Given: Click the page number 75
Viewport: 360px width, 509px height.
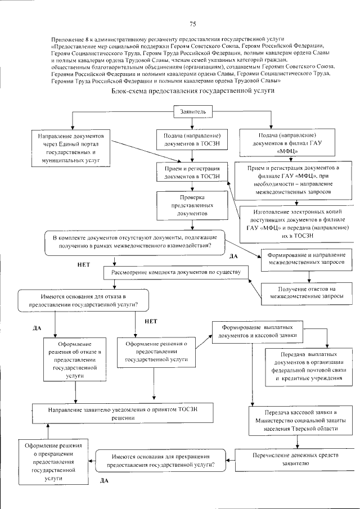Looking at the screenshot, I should pyautogui.click(x=192, y=24).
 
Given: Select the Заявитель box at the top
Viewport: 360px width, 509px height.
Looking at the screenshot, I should pyautogui.click(x=192, y=111).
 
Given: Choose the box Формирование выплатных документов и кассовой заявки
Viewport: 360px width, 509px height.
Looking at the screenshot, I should pyautogui.click(x=258, y=331).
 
